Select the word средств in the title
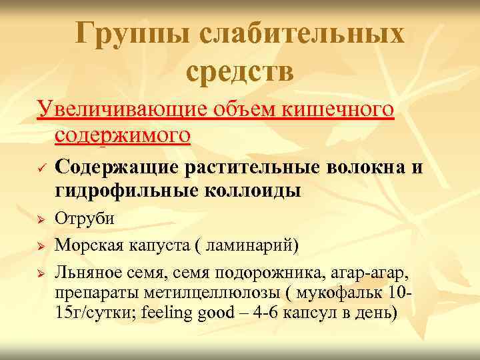click(240, 71)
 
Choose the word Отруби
click(85, 218)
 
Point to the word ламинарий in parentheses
click(247, 245)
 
